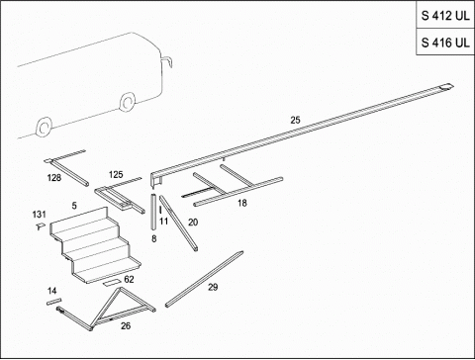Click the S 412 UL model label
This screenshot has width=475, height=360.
click(x=445, y=15)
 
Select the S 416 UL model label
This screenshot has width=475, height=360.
click(x=445, y=43)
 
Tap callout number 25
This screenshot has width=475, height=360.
click(x=295, y=120)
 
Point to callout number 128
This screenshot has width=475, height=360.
click(x=54, y=178)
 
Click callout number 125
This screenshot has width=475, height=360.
click(x=116, y=174)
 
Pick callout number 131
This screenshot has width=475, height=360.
click(x=39, y=215)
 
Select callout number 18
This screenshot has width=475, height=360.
click(x=242, y=203)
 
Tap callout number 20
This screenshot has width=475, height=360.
click(x=193, y=223)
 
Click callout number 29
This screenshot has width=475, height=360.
click(x=213, y=287)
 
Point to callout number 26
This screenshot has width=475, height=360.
click(x=126, y=325)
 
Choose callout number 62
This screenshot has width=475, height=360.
click(x=129, y=279)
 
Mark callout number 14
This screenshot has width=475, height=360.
click(x=52, y=291)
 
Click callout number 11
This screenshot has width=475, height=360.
click(x=164, y=221)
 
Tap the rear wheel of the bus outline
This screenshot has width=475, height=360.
click(x=44, y=127)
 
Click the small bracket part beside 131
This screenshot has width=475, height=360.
click(x=41, y=226)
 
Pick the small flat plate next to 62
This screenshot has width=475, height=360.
click(x=112, y=283)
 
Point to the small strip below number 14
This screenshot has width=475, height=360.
click(x=53, y=302)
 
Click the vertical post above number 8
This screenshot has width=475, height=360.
click(x=153, y=212)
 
